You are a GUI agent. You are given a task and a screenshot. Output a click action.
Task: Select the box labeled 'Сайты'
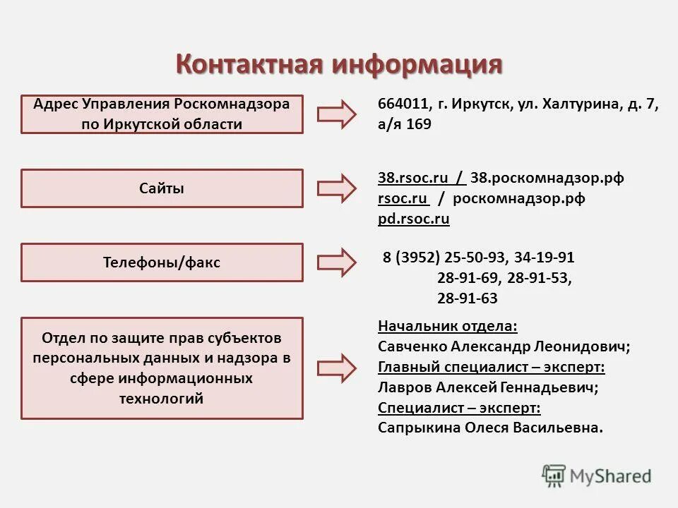(162, 188)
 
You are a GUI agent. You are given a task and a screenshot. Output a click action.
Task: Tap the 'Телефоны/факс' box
(162, 262)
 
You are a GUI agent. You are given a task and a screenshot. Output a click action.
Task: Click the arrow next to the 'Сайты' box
(337, 188)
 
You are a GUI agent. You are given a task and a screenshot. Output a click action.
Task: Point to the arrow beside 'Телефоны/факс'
(337, 262)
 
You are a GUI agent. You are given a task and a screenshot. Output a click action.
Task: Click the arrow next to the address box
(337, 114)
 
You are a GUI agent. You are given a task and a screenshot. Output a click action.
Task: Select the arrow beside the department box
(337, 368)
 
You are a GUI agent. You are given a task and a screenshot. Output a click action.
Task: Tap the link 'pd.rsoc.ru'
(413, 219)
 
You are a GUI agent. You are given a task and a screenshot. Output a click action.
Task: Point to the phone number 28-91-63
(467, 298)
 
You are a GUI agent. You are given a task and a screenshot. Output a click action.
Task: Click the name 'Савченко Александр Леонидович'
(503, 346)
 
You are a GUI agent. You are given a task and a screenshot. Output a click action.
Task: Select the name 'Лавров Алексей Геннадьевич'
(487, 387)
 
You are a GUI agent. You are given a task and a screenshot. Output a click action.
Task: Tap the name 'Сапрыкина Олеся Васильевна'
(490, 428)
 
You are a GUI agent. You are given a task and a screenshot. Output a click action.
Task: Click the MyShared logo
(597, 476)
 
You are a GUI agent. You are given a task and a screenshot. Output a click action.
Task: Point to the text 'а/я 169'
(404, 124)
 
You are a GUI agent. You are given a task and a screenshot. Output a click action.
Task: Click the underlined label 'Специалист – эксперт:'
(459, 408)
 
